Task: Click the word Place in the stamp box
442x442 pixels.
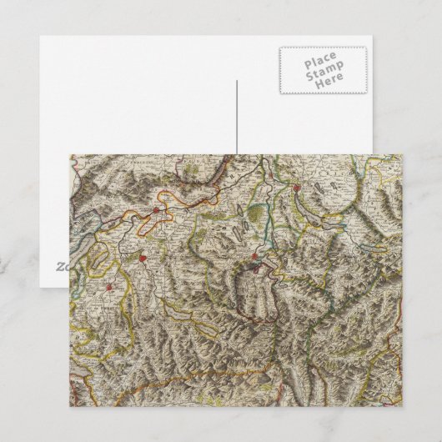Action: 320,62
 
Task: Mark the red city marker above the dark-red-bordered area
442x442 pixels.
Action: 255,257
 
